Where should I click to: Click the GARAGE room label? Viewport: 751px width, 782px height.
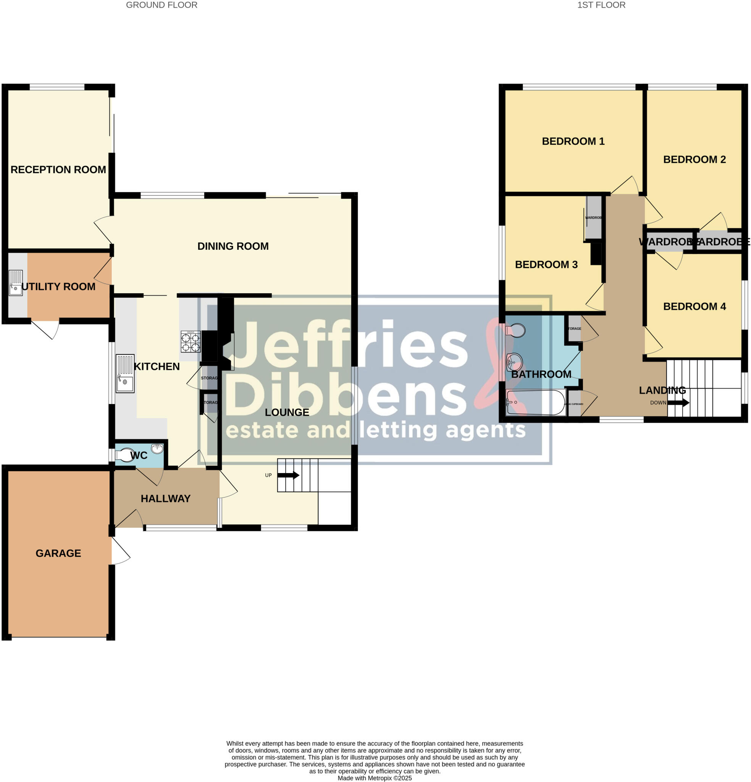tap(58, 553)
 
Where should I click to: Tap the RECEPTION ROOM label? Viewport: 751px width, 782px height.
tap(58, 170)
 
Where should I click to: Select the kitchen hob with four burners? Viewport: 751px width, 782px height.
tap(191, 341)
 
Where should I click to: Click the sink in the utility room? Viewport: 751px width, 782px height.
tap(16, 283)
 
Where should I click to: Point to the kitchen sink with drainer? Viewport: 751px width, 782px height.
tap(125, 374)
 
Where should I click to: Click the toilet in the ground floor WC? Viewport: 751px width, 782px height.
tap(125, 455)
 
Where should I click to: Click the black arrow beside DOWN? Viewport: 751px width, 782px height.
tap(678, 402)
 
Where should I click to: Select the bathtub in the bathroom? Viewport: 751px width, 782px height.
tap(535, 402)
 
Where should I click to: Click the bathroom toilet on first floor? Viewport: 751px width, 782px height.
tap(516, 330)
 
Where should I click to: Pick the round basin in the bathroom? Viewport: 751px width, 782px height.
tap(514, 362)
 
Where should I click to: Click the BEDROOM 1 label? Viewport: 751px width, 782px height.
tap(573, 141)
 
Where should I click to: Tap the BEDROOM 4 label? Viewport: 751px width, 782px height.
tap(694, 306)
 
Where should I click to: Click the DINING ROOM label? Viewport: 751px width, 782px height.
tap(233, 246)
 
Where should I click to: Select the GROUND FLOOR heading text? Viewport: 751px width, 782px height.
tap(162, 5)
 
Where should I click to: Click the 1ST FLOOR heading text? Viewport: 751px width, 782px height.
tap(601, 5)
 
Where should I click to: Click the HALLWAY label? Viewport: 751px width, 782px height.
tap(166, 498)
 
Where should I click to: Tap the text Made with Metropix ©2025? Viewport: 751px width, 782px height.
tap(375, 778)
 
